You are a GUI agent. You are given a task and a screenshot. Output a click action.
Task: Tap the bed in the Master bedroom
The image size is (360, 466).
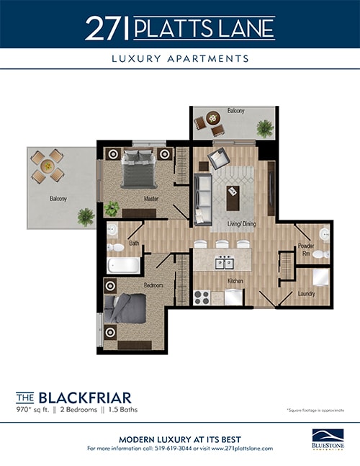tap(139, 170)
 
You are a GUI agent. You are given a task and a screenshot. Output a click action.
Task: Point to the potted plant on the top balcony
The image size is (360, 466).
tap(264, 128)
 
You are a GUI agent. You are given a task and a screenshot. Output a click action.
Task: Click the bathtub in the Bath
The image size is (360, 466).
tap(123, 264)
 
